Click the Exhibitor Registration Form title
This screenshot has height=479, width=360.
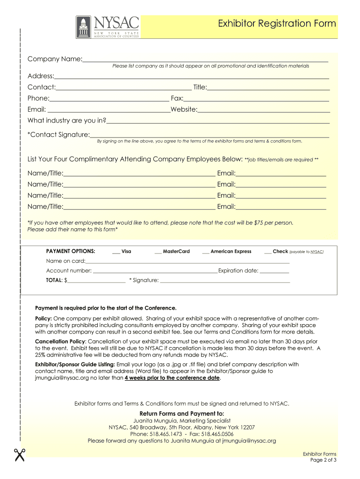(277, 24)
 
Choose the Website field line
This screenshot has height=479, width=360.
(264, 111)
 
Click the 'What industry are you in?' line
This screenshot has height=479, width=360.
(218, 122)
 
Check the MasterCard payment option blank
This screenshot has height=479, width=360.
(158, 253)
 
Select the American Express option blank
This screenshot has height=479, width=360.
(206, 253)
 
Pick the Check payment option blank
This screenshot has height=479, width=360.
(268, 253)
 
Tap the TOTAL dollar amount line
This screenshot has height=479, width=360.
(96, 282)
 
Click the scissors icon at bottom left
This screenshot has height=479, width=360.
(19, 454)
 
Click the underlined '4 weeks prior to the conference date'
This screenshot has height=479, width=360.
(172, 378)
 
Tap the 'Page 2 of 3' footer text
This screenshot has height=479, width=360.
(323, 460)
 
